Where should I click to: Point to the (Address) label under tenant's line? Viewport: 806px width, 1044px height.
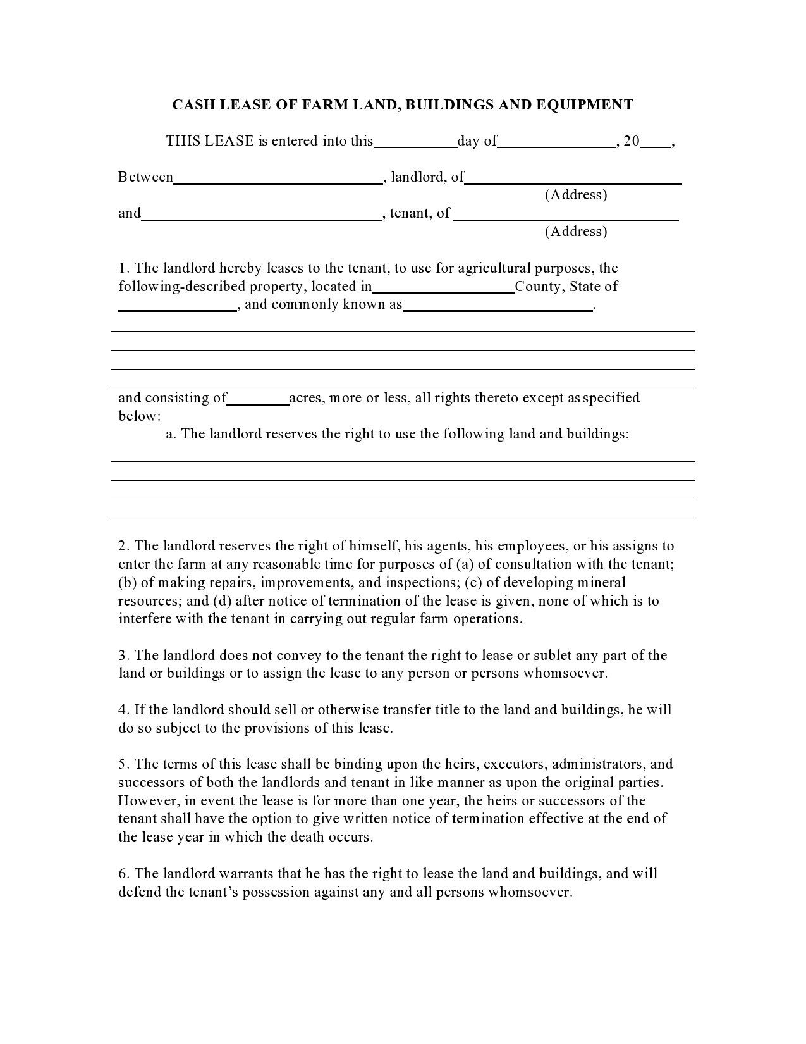[576, 232]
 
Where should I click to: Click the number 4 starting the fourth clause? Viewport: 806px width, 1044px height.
[122, 710]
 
